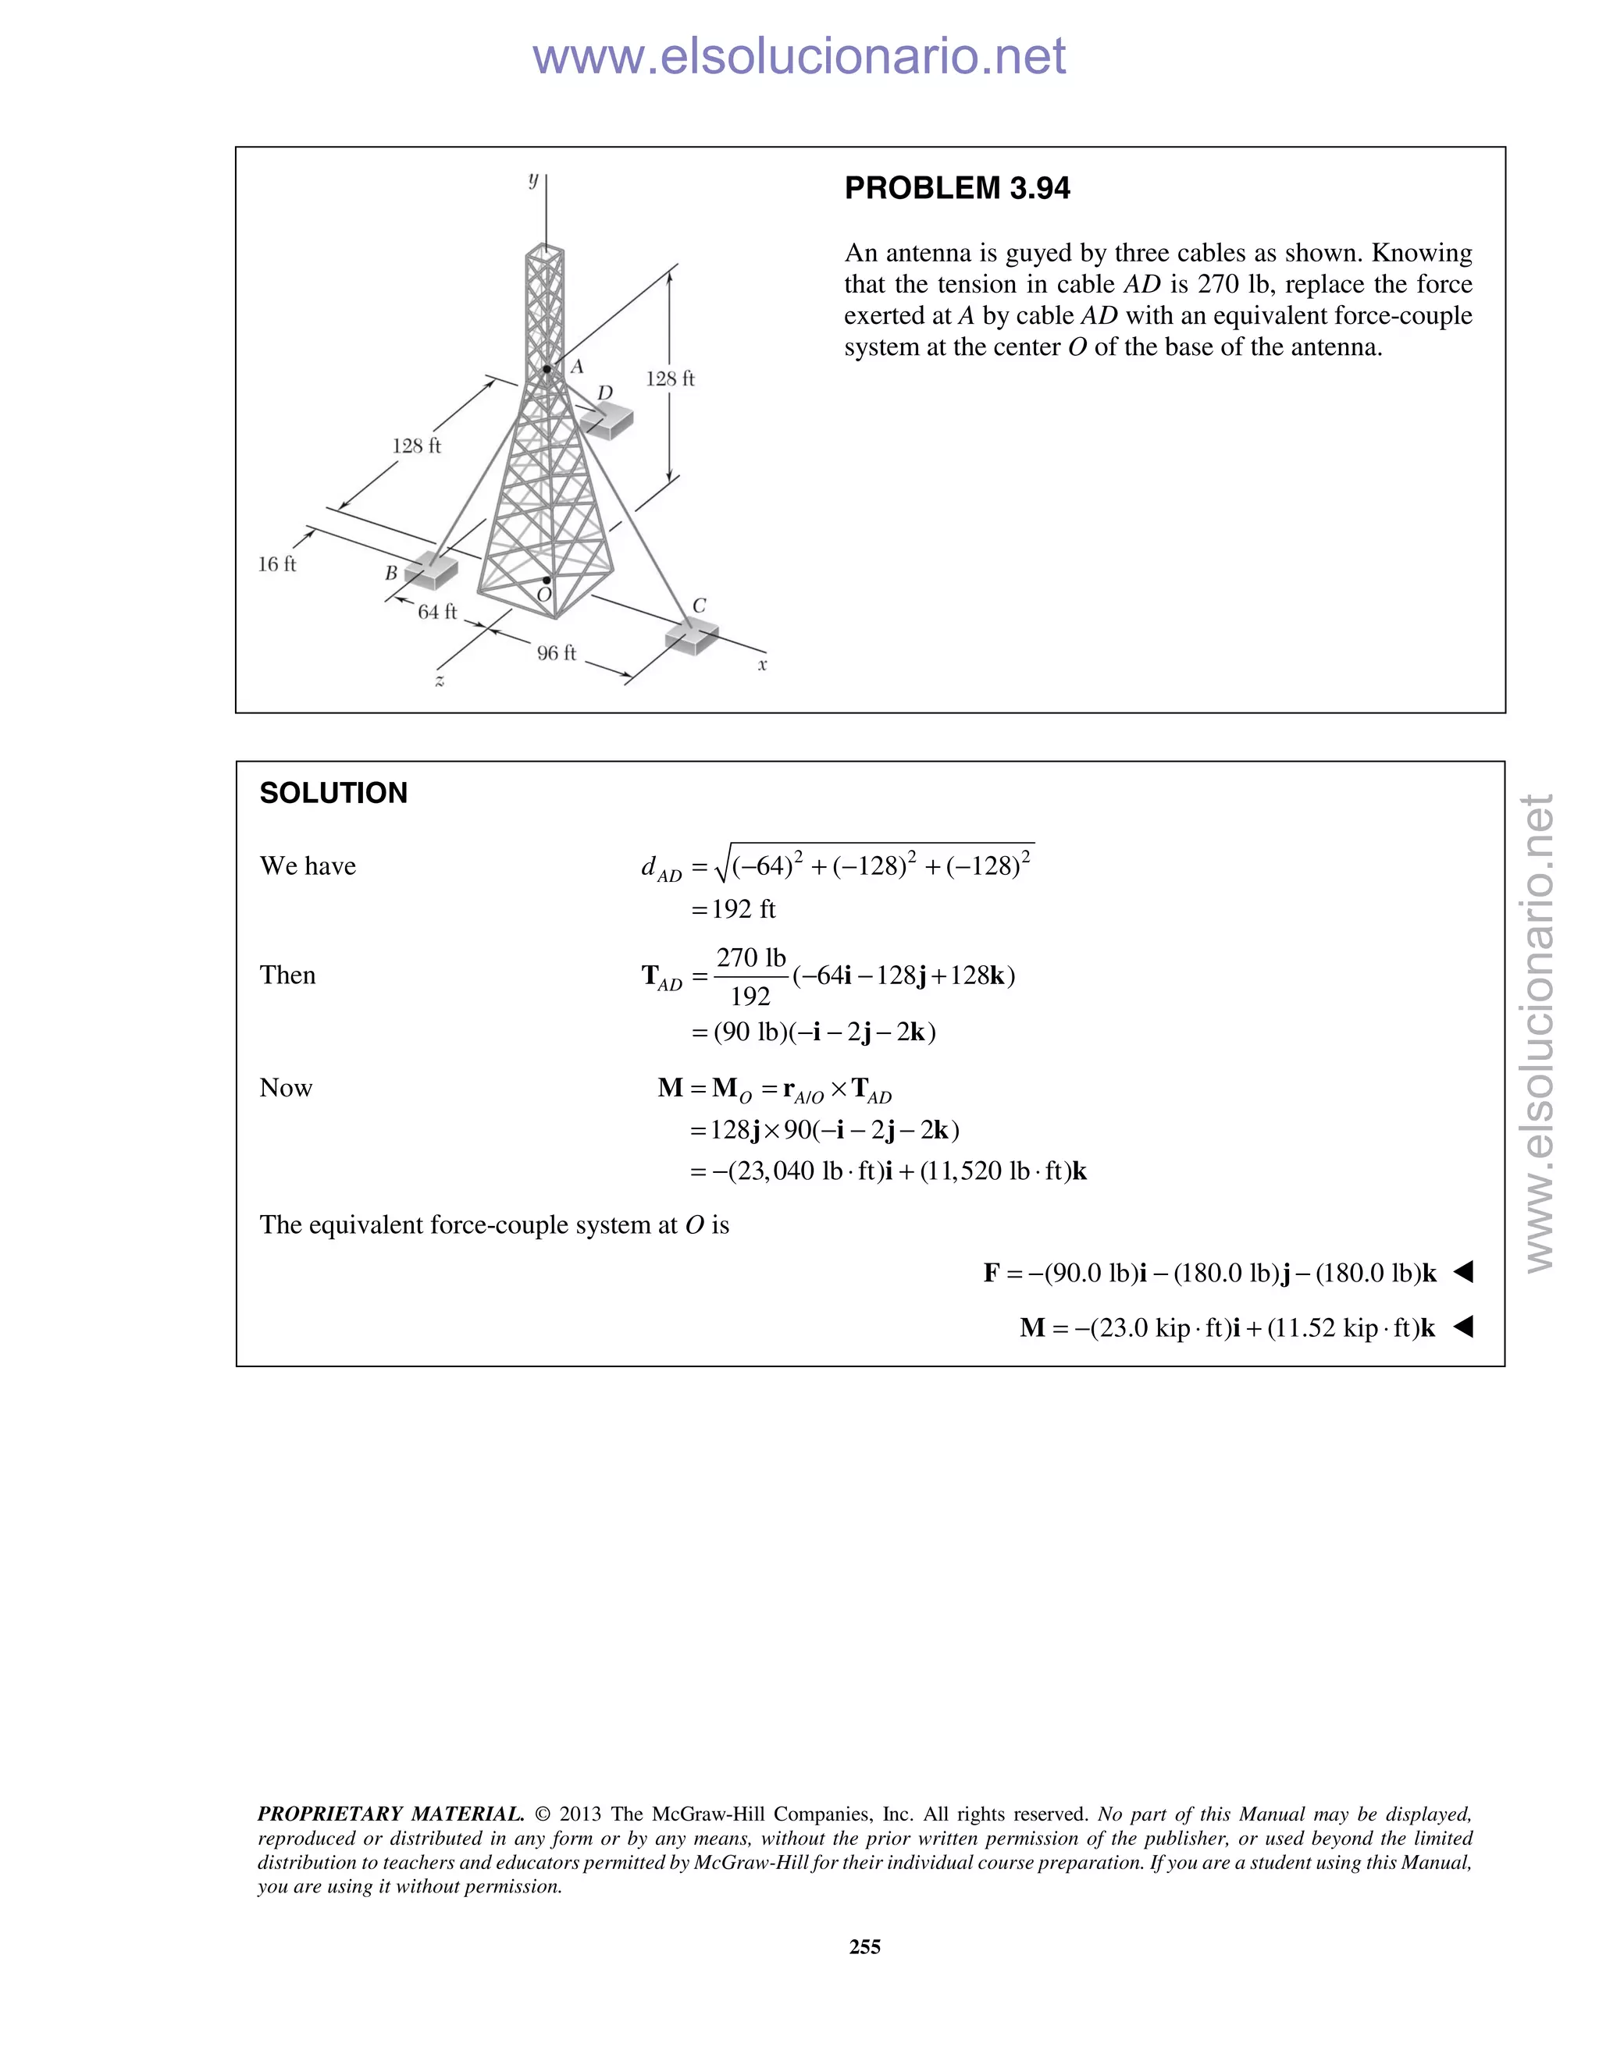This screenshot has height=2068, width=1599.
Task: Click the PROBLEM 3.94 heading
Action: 956,188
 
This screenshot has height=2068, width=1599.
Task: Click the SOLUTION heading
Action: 333,794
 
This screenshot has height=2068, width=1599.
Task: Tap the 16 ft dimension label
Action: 276,564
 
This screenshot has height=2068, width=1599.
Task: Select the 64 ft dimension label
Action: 436,613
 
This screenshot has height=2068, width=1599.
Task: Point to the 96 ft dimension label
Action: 556,653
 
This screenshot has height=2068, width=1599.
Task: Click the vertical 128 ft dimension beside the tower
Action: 670,378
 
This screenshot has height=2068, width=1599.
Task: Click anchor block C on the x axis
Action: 692,636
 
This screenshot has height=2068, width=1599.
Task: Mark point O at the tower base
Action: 547,581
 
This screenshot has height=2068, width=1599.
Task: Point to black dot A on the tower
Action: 547,369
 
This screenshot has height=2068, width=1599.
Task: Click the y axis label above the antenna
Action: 533,179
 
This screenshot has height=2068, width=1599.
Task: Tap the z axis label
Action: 440,680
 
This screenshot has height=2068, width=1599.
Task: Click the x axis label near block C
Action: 763,665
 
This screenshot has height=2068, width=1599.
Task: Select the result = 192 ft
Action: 734,910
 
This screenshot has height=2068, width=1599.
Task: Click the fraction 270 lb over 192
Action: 750,977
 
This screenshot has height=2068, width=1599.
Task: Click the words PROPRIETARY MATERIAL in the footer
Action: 390,1814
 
